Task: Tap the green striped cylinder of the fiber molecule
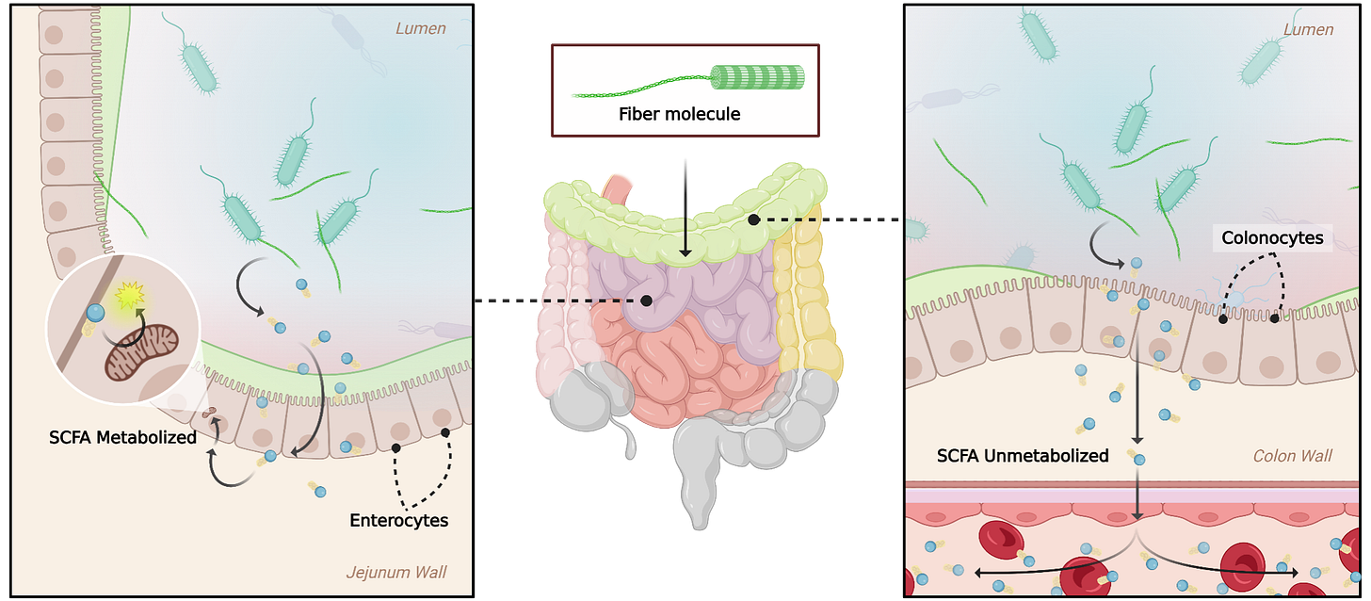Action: pyautogui.click(x=758, y=77)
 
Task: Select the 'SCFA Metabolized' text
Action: pyautogui.click(x=123, y=437)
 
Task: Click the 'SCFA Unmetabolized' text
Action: pyautogui.click(x=1023, y=456)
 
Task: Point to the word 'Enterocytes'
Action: pyautogui.click(x=398, y=520)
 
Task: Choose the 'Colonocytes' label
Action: pyautogui.click(x=1272, y=238)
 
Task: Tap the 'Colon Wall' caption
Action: pyautogui.click(x=1292, y=456)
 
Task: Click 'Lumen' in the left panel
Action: pyautogui.click(x=420, y=29)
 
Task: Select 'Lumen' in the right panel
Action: pyautogui.click(x=1308, y=29)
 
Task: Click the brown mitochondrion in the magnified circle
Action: pyautogui.click(x=139, y=349)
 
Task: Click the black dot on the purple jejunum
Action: pyautogui.click(x=647, y=300)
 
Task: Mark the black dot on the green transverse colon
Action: pyautogui.click(x=753, y=219)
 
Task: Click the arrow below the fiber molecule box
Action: pyautogui.click(x=685, y=207)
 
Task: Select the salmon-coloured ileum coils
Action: pyautogui.click(x=678, y=367)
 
